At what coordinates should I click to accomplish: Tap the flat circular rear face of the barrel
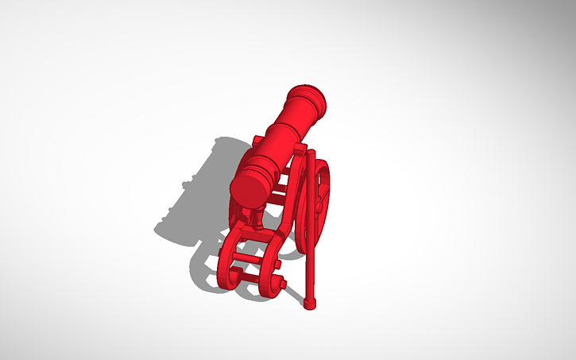(x=249, y=188)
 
